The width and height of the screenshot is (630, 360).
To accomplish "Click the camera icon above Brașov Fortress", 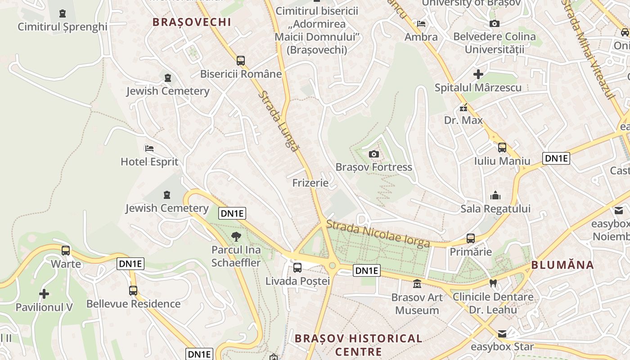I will point(373,154).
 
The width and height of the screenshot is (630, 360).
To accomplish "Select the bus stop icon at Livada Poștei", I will point(297,268).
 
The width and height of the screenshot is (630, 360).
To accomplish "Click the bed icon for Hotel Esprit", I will point(149,148).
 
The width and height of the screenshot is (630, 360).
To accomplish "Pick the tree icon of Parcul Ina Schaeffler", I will point(236,237).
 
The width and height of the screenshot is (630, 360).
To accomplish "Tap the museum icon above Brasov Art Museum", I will point(417,284).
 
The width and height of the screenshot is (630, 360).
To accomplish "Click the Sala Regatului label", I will point(495,209).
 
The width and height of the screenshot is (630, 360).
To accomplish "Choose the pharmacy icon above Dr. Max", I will point(463,108).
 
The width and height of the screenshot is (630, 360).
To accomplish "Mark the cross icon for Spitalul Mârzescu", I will point(478,74).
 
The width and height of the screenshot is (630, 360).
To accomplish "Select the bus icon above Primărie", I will point(471,238).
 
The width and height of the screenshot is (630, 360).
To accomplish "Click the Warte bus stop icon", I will point(66,251).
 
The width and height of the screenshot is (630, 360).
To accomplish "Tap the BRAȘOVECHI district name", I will point(192,22).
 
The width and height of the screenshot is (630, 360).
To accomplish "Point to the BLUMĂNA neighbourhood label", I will point(562,265).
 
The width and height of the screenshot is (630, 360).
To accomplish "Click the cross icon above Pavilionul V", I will point(44,294).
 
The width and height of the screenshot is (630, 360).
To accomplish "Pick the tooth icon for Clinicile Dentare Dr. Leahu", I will point(493,283).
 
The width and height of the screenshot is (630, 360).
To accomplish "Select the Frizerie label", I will point(310,183).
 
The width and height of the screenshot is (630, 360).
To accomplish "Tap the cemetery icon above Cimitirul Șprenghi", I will point(63,14).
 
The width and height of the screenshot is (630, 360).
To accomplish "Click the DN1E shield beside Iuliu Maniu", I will point(556,158).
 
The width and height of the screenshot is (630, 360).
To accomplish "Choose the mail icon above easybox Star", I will point(502,334).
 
